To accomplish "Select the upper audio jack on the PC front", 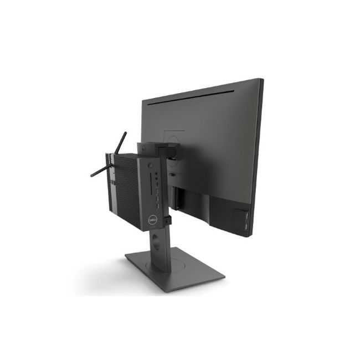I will [x=156, y=173].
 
